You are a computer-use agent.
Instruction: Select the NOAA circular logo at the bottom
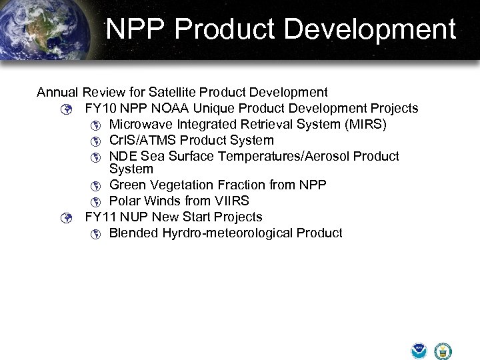[x=419, y=351]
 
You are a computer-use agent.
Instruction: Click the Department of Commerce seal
[x=443, y=351]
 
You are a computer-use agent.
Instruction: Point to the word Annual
[x=58, y=92]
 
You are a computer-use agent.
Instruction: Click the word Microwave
[x=141, y=124]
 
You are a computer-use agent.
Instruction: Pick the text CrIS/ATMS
[x=143, y=140]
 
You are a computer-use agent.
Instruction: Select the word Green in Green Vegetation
[x=127, y=185]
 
